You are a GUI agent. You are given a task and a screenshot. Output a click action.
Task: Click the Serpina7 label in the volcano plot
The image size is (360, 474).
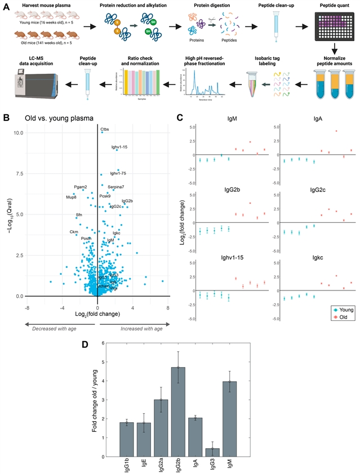(116, 186)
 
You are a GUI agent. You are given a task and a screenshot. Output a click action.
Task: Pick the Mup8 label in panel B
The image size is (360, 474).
(71, 198)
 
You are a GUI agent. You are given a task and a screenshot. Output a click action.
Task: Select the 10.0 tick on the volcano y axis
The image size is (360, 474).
(19, 133)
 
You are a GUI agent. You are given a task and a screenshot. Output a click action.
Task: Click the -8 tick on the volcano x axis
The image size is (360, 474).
(26, 307)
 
